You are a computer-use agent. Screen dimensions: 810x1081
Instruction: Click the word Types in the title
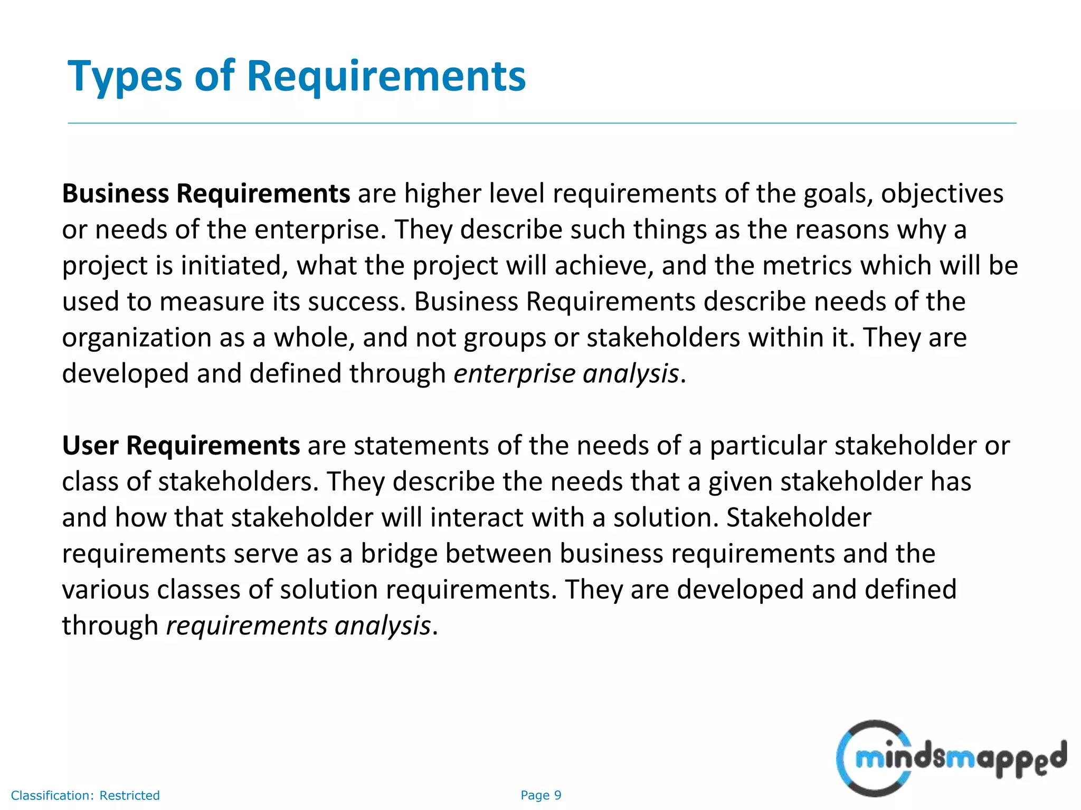tap(125, 77)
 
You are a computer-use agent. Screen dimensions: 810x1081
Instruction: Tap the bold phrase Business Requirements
tap(206, 194)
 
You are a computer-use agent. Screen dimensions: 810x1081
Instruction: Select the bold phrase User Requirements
tap(181, 446)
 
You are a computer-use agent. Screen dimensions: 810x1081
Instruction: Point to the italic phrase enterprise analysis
tap(566, 374)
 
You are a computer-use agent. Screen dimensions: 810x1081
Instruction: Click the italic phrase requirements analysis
tap(299, 626)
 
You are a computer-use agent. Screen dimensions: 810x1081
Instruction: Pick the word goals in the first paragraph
tap(838, 194)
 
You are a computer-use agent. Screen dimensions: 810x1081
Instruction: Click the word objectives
tap(942, 194)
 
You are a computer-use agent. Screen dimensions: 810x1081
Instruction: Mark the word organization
tap(137, 338)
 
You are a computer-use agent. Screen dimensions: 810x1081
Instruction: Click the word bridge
tap(399, 554)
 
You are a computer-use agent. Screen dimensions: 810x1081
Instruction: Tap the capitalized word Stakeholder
tap(799, 518)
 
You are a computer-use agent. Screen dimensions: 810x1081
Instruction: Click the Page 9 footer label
tap(541, 795)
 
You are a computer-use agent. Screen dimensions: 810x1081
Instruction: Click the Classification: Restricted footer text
tap(85, 795)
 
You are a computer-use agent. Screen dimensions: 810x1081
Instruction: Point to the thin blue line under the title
tap(542, 123)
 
